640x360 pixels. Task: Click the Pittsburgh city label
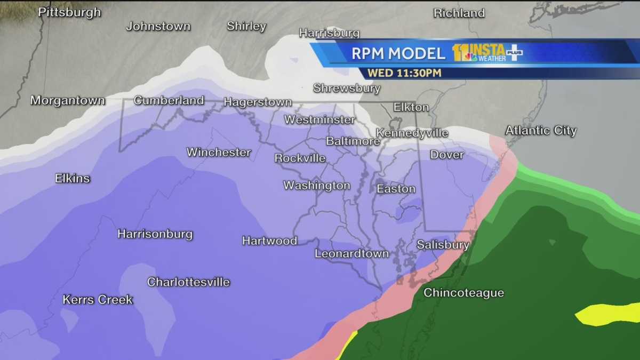(x=69, y=12)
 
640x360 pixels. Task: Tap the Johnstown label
(x=158, y=26)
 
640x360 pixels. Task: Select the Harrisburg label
(x=329, y=33)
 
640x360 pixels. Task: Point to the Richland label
(x=459, y=13)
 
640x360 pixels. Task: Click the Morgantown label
(x=67, y=100)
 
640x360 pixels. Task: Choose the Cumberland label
(x=169, y=100)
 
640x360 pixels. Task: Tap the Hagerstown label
(x=258, y=102)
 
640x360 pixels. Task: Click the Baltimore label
(x=353, y=141)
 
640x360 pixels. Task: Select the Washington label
(x=317, y=186)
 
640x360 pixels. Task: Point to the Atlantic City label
(x=541, y=131)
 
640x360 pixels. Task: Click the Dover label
(x=447, y=155)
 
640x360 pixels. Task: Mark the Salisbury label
(x=443, y=245)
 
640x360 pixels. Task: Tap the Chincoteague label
(x=463, y=293)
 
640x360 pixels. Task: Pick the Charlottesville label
(x=188, y=282)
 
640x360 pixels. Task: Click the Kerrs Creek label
(x=98, y=300)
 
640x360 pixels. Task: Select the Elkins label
(x=73, y=179)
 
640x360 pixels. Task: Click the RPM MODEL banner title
(x=398, y=53)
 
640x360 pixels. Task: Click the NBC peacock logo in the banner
(x=470, y=57)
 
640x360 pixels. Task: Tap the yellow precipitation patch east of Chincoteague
(x=608, y=314)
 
